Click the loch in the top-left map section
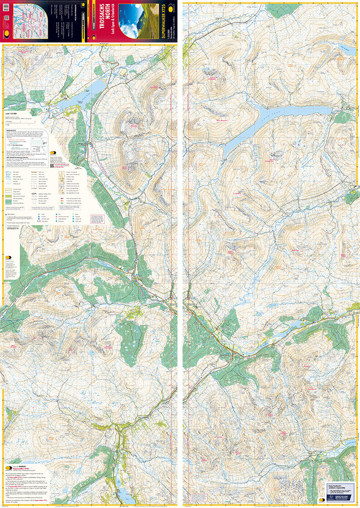pyautogui.click(x=76, y=102)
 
